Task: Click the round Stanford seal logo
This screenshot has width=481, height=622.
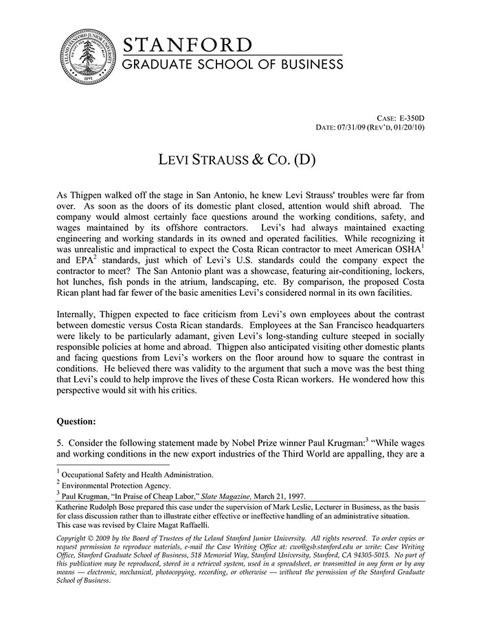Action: pyautogui.click(x=87, y=58)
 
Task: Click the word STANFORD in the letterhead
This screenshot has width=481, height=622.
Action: pyautogui.click(x=187, y=45)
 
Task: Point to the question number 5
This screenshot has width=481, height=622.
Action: pyautogui.click(x=60, y=442)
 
